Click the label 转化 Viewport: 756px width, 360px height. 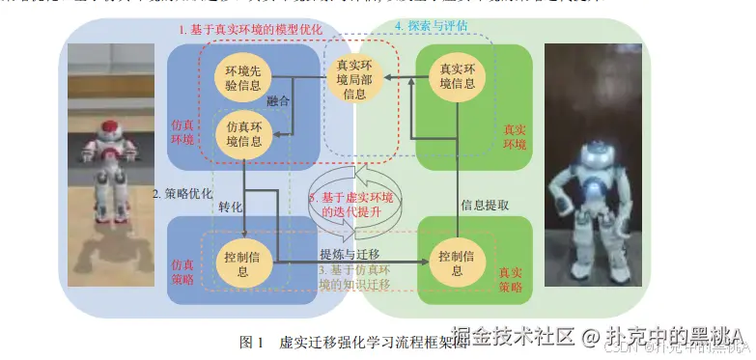click(x=232, y=207)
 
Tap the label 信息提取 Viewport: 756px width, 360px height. click(x=487, y=206)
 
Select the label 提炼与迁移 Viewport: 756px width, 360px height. click(x=349, y=253)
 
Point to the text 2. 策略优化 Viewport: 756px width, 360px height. click(x=182, y=193)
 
